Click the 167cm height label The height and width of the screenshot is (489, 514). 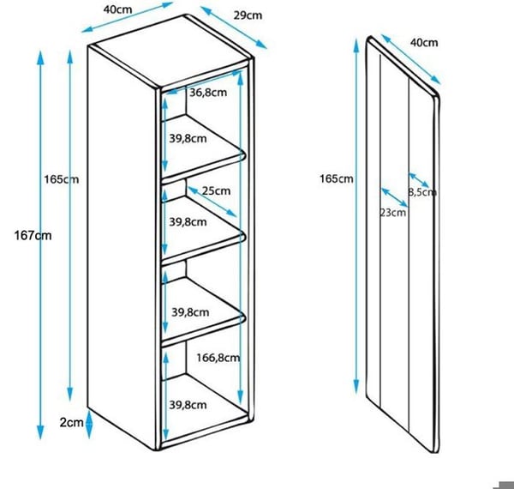[33, 236]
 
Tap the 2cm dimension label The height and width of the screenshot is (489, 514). [71, 422]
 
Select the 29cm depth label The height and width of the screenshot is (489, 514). [248, 15]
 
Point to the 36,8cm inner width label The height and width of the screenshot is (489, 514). [208, 93]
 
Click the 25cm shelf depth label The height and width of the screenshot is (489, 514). [216, 190]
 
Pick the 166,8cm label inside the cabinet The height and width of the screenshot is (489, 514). [218, 358]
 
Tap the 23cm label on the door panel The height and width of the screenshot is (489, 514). [392, 213]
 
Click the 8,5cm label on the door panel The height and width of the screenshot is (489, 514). [422, 192]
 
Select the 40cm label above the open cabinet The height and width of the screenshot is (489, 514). [117, 9]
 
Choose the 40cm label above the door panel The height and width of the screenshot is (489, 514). [424, 43]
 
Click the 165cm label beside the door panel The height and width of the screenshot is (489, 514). [337, 178]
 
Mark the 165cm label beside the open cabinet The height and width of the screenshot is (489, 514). [62, 179]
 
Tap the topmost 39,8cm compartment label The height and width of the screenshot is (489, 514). [188, 138]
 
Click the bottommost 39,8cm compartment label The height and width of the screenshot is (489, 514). [188, 405]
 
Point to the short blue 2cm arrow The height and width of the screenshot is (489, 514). [89, 423]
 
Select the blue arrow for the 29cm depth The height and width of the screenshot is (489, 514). [234, 27]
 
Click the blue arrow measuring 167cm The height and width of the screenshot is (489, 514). [40, 244]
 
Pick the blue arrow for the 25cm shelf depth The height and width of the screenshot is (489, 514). [212, 202]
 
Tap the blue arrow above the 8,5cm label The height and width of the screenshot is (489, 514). [419, 180]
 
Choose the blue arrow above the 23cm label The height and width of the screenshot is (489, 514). [395, 197]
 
